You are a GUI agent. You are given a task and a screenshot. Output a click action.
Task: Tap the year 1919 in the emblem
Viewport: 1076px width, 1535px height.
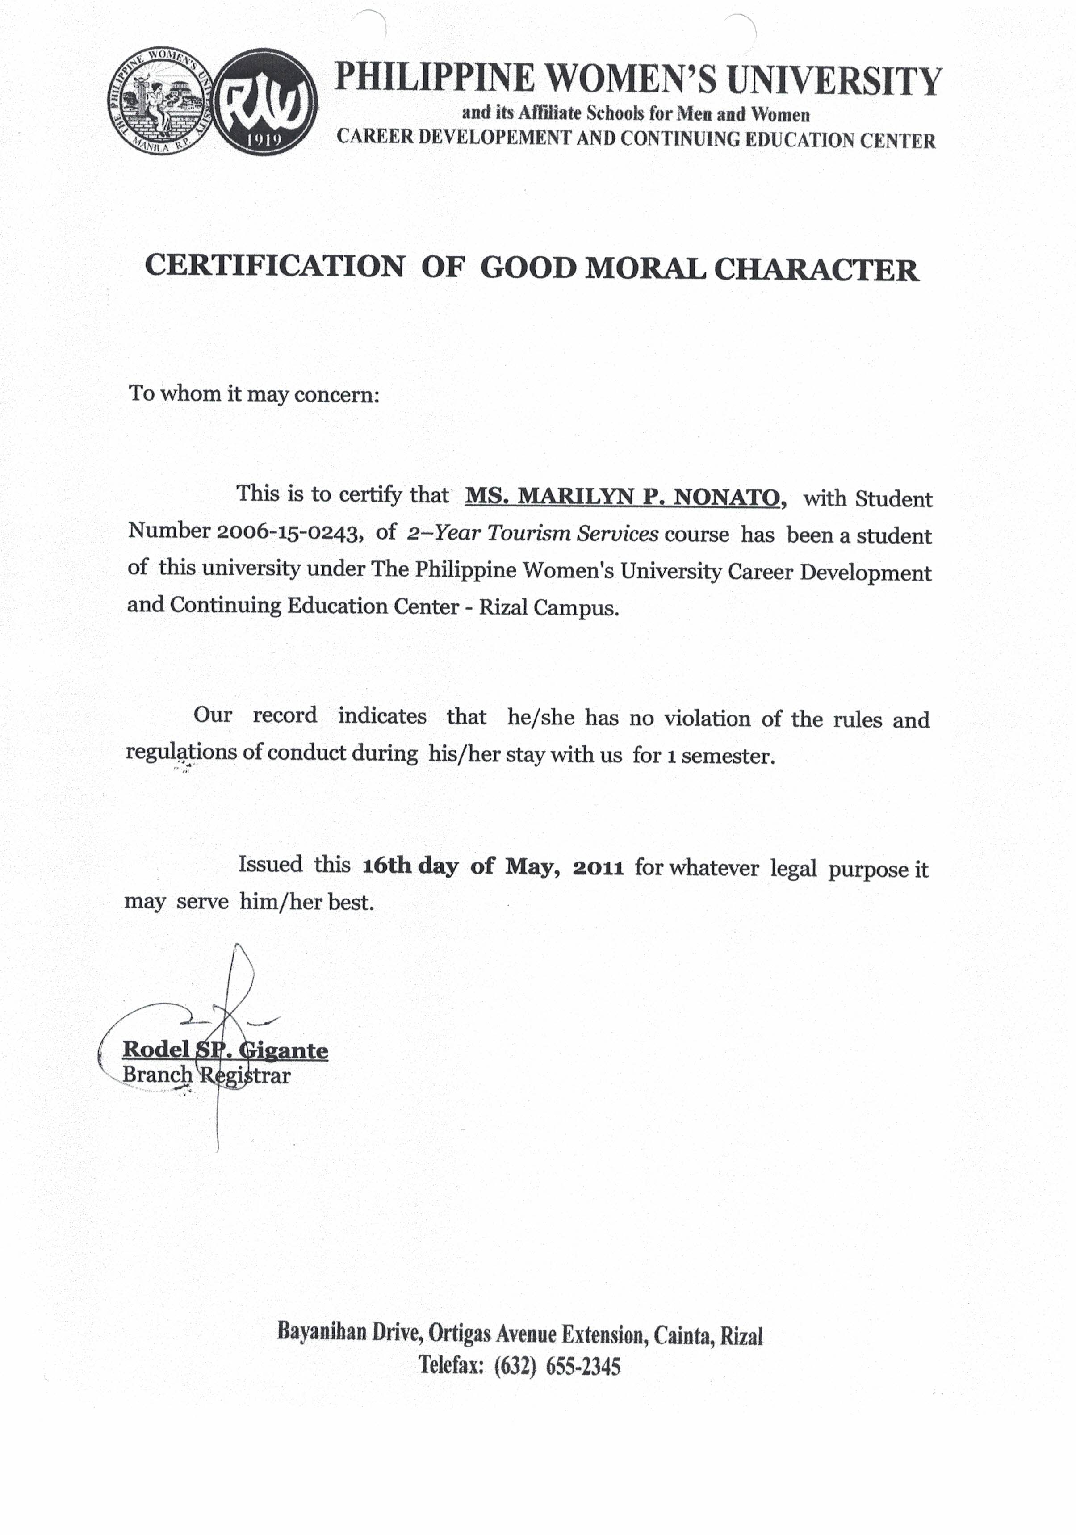click(267, 141)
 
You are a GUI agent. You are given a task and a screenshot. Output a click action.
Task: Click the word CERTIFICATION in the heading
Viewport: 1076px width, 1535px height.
click(274, 266)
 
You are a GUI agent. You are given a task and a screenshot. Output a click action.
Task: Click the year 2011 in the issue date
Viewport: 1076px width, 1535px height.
click(599, 868)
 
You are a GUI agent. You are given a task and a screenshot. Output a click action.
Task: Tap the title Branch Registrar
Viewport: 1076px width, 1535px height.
click(207, 1075)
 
